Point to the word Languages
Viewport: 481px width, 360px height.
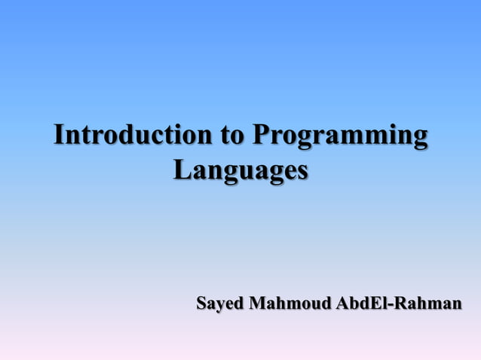[x=240, y=169]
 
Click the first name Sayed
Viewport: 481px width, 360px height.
[x=219, y=304]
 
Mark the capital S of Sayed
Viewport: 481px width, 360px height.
[x=201, y=304]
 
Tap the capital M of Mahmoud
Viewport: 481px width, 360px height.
[x=258, y=304]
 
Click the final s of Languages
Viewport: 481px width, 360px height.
[x=302, y=171]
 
